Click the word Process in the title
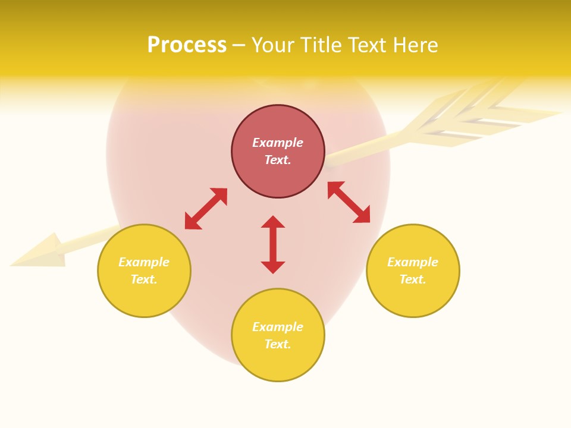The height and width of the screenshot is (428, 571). (187, 45)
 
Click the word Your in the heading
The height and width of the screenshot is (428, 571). (273, 45)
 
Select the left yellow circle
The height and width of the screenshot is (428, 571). (144, 297)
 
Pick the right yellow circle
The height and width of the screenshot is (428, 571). (413, 297)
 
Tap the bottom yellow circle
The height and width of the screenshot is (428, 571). (278, 363)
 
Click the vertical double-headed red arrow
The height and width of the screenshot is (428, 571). (273, 244)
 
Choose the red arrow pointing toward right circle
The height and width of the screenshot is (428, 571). (349, 202)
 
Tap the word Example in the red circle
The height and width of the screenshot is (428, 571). (278, 143)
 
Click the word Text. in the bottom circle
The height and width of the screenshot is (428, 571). (278, 344)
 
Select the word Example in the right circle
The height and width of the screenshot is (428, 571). (413, 262)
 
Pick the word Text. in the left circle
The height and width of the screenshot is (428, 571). (144, 279)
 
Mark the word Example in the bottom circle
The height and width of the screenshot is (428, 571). (278, 327)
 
